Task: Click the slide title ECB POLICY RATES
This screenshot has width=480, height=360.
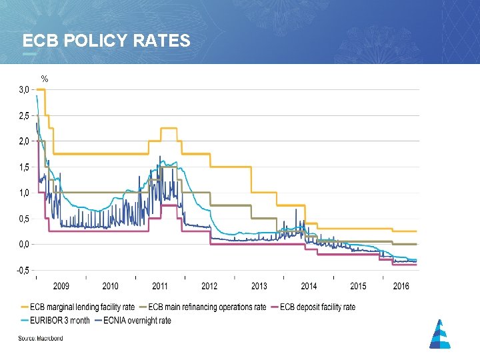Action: [x=106, y=41]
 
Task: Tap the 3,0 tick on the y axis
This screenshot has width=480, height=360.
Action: [x=23, y=89]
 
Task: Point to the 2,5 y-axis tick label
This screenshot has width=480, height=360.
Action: [x=23, y=115]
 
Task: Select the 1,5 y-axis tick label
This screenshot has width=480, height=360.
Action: [x=23, y=167]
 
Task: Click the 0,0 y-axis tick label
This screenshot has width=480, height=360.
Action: [x=23, y=245]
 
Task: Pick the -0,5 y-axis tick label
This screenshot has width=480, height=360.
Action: [x=23, y=271]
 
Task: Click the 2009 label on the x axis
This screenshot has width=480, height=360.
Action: [x=61, y=286]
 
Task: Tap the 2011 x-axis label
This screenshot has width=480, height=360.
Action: [x=160, y=286]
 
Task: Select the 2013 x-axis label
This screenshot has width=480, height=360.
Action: [x=259, y=286]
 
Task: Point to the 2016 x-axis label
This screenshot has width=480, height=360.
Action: [x=401, y=286]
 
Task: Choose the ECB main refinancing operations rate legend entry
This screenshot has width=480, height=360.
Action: [x=207, y=307]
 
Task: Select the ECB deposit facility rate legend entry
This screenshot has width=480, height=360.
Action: [x=317, y=307]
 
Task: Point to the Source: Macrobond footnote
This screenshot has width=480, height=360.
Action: [x=41, y=339]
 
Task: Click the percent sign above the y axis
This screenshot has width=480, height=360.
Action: [x=45, y=79]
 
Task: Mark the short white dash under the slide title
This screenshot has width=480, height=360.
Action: [x=30, y=53]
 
